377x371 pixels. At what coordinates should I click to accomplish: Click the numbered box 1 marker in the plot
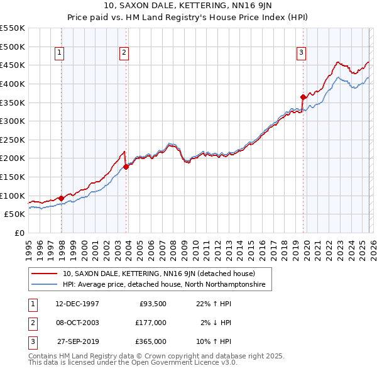point(60,53)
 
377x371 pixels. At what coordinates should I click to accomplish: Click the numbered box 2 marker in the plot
point(124,53)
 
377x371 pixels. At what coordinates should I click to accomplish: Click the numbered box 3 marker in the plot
point(302,53)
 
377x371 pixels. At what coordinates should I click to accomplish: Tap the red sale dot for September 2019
point(303,97)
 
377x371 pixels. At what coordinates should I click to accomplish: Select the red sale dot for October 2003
point(126,167)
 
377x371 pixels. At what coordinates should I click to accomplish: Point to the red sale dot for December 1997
point(62,198)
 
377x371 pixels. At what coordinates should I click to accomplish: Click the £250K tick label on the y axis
point(12,140)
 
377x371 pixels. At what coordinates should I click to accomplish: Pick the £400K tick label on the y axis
point(12,84)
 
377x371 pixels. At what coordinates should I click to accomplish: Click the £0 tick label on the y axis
point(19,233)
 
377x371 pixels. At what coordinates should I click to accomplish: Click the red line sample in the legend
point(45,274)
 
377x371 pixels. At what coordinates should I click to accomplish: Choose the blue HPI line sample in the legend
point(45,285)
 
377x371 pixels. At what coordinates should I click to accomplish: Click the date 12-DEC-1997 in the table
point(77,304)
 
